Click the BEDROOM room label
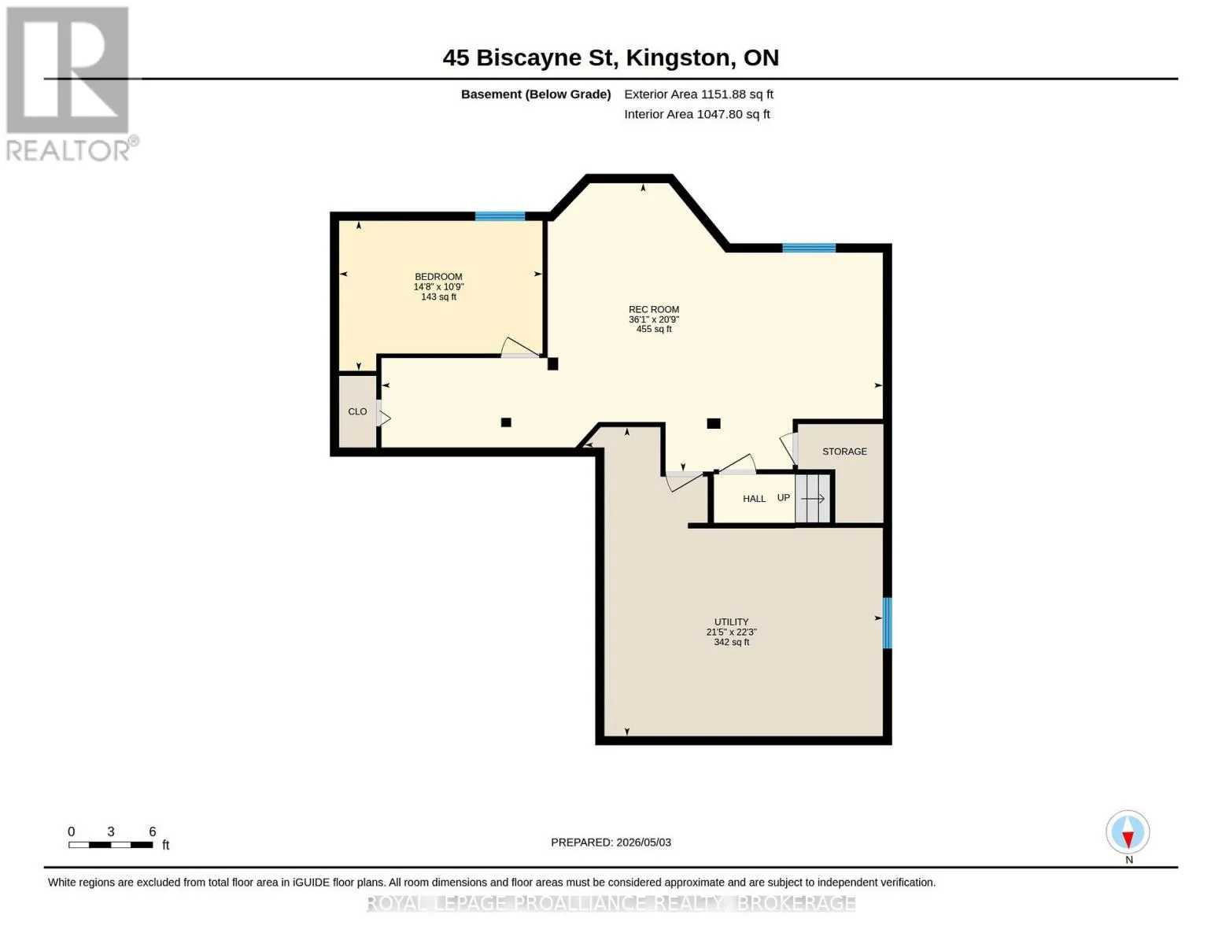(x=438, y=277)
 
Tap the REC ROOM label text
(x=653, y=309)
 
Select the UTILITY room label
(x=731, y=621)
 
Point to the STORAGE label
(x=844, y=452)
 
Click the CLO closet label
(x=357, y=411)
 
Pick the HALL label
(x=754, y=499)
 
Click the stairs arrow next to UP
(x=813, y=499)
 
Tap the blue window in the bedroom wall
(x=500, y=216)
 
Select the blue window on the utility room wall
(x=887, y=623)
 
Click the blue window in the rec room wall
(x=809, y=248)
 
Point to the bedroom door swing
(x=520, y=348)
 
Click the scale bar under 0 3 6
(x=111, y=845)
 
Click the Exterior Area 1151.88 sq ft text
(x=699, y=94)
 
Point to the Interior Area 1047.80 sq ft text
(x=696, y=114)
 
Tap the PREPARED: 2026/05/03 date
(x=611, y=843)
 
